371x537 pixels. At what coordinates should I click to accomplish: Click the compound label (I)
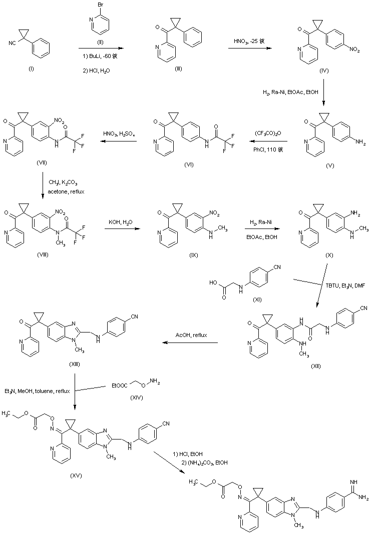point(31,68)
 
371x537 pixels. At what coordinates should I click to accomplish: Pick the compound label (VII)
point(30,163)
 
